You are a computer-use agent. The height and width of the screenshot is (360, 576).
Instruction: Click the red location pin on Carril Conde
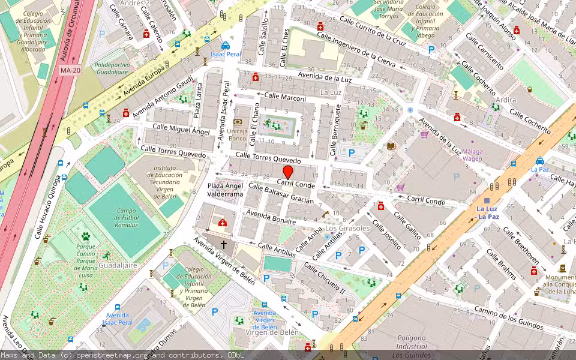(x=287, y=172)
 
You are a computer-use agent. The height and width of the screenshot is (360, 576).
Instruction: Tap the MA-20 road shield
(x=70, y=70)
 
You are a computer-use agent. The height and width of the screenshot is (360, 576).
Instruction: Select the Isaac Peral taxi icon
(x=225, y=46)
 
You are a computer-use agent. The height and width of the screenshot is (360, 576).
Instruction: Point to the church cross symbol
(x=224, y=244)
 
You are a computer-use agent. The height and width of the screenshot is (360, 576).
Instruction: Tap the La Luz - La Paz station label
(x=487, y=212)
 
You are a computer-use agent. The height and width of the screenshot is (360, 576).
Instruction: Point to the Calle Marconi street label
(x=285, y=98)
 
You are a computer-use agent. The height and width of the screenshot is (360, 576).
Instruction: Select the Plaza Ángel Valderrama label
(x=225, y=190)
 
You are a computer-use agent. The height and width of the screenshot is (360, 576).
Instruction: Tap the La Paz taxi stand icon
(x=539, y=161)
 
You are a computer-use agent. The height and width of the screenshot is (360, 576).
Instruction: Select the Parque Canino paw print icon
(x=86, y=236)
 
